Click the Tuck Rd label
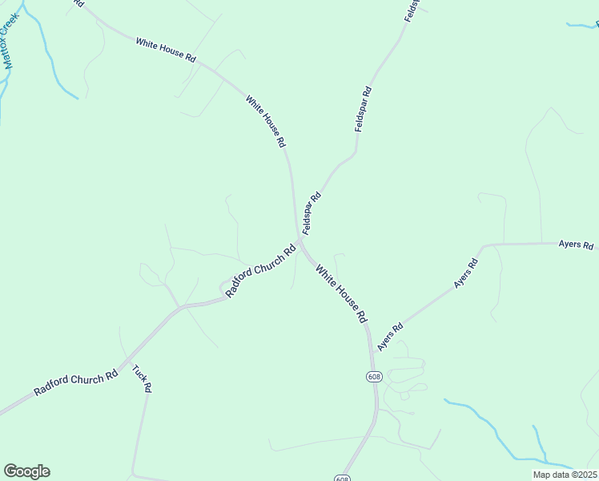click(x=142, y=378)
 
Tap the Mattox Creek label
click(x=10, y=41)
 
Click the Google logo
click(x=26, y=471)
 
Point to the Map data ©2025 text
click(x=565, y=475)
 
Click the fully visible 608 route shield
click(x=374, y=377)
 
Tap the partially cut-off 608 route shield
click(x=343, y=479)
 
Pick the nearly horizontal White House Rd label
click(x=166, y=50)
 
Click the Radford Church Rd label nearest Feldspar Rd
click(x=261, y=270)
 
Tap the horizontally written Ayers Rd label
click(x=576, y=245)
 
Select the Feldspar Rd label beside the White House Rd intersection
click(x=312, y=212)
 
